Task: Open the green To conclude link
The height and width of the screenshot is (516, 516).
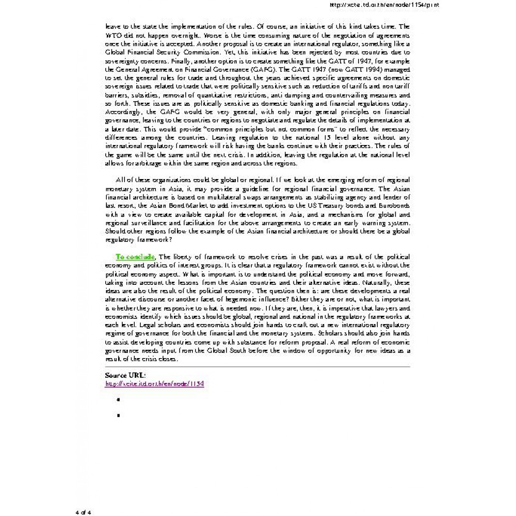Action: coord(135,256)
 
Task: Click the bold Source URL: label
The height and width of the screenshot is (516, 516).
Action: coord(125,375)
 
